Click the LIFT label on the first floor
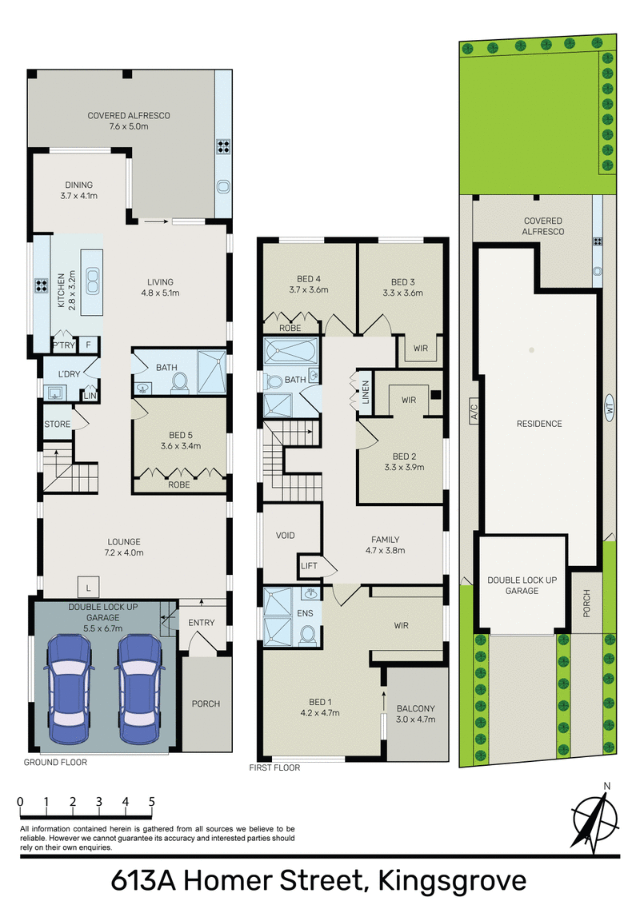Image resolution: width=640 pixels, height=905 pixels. [x=310, y=566]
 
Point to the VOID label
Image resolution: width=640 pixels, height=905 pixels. [x=286, y=535]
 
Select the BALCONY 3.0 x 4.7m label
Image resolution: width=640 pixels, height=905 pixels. [x=415, y=714]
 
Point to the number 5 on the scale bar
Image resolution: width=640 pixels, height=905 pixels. [x=151, y=801]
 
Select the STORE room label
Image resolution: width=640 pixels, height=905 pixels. [x=58, y=424]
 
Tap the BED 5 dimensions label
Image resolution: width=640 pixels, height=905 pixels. [x=180, y=446]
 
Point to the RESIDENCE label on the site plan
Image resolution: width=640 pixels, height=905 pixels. [x=539, y=424]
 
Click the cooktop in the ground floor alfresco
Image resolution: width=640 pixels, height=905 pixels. [x=223, y=147]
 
